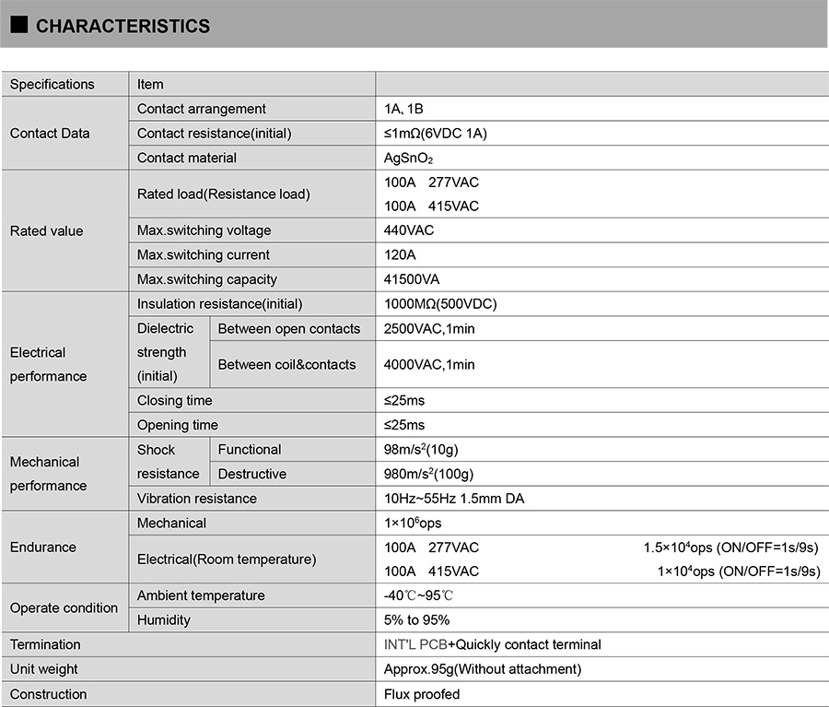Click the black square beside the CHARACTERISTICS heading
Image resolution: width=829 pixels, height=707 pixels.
click(x=19, y=25)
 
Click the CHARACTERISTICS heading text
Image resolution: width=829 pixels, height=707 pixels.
click(x=123, y=26)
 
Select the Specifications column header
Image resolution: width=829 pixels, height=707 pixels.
click(x=53, y=84)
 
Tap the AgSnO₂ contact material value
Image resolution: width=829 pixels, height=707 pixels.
click(x=408, y=158)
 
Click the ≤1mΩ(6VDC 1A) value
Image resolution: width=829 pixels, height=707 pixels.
click(x=436, y=134)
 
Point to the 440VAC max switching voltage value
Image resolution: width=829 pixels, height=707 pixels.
click(x=409, y=230)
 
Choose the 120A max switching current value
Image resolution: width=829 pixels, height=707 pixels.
click(x=400, y=254)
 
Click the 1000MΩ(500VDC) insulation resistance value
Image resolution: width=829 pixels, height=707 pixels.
click(x=440, y=303)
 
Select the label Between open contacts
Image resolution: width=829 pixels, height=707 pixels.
click(x=289, y=328)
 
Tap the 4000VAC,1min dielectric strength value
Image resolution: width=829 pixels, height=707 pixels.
click(x=429, y=364)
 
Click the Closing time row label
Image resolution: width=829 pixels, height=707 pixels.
click(x=174, y=400)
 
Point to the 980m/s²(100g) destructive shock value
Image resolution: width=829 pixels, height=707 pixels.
click(x=428, y=474)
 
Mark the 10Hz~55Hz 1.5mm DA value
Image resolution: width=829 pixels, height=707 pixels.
click(x=454, y=499)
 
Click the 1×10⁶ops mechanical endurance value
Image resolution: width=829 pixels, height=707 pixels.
click(x=413, y=523)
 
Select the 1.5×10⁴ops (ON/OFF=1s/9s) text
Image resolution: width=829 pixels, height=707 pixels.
click(x=730, y=548)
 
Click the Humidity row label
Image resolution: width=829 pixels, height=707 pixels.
click(x=164, y=620)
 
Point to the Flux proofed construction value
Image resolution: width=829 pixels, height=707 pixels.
click(x=422, y=694)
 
